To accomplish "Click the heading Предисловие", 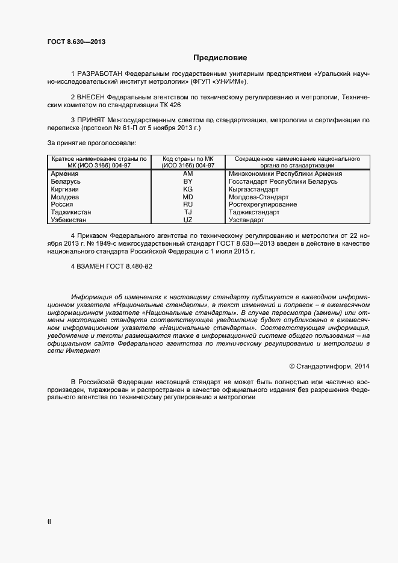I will coord(220,58).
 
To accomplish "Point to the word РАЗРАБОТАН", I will coord(98,73).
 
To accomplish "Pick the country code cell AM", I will coord(187,173).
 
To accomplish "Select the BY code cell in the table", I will coord(187,181).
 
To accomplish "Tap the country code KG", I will coord(187,189).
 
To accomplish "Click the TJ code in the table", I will coord(187,213).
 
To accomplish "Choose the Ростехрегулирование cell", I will coord(263,205).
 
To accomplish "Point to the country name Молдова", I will coord(65,197).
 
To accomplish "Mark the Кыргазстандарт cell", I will coord(253,189).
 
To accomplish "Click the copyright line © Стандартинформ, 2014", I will coord(329,365).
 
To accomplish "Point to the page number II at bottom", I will coord(49,522).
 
